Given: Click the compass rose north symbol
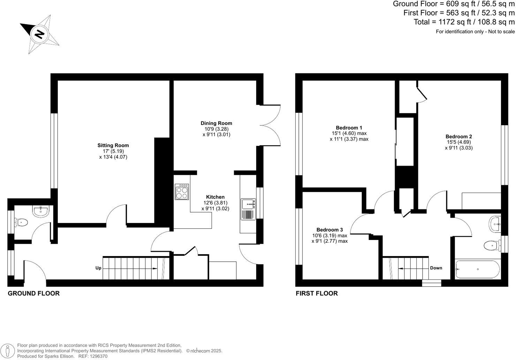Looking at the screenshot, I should click(39, 34).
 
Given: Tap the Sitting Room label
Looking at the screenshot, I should click(113, 145).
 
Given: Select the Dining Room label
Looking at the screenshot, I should click(216, 123).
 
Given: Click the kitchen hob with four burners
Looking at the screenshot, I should click(182, 192).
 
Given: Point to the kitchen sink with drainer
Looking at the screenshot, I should click(248, 209).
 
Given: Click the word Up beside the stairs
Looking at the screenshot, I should click(98, 268).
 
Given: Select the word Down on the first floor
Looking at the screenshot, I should click(436, 268).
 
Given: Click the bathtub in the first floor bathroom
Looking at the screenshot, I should click(478, 269).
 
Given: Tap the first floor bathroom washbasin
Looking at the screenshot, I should click(495, 224).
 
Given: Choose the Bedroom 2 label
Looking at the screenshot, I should click(458, 136).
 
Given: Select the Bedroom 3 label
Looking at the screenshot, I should click(329, 230).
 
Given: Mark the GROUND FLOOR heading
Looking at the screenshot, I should click(33, 293).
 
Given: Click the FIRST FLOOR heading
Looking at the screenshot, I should click(317, 293).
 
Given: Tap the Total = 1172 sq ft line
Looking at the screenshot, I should click(464, 22).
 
